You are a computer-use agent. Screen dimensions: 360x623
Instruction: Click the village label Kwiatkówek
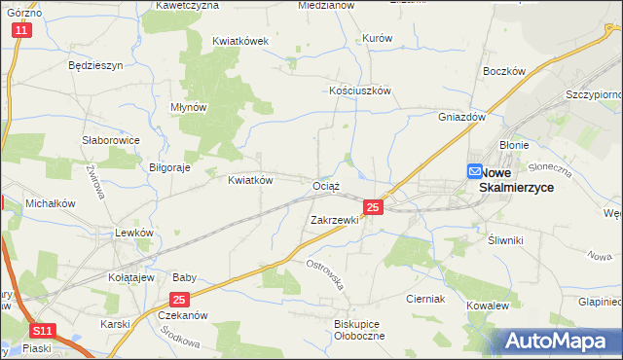pos(239,42)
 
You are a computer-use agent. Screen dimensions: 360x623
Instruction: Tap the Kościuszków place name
pos(359,90)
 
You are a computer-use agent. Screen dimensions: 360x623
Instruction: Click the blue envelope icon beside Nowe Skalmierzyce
pos(474,171)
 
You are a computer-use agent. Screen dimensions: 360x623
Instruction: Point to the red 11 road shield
pos(22,31)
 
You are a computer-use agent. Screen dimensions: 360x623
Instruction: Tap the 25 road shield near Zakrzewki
pos(373,207)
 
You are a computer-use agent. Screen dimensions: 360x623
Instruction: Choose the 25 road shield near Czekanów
pos(178,300)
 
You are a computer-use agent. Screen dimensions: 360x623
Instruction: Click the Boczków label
pos(504,72)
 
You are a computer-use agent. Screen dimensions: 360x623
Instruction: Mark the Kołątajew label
pos(131,277)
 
